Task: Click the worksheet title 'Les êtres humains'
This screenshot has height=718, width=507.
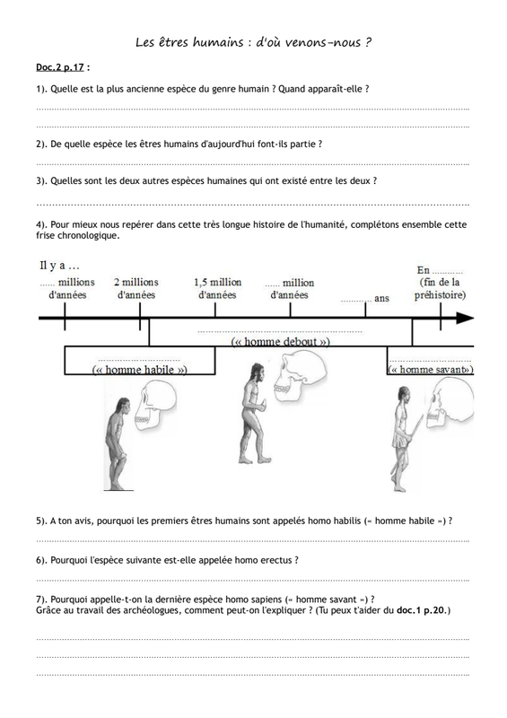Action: coord(189,42)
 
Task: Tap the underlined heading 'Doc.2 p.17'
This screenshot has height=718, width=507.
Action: coord(60,67)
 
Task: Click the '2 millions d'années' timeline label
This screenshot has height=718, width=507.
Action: coord(136,288)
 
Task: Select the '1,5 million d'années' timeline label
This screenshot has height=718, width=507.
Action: coord(217,288)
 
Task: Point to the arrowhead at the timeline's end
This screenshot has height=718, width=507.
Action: coord(465,319)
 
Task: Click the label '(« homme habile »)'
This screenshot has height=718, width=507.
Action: coord(140,370)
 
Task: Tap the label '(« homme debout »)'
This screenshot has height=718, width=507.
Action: coord(280,342)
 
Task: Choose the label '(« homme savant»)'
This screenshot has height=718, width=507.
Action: coord(431,370)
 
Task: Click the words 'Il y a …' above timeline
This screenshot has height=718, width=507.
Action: coord(59,266)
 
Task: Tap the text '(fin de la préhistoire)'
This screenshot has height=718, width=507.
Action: coord(440,288)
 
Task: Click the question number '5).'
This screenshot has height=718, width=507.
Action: coord(42,521)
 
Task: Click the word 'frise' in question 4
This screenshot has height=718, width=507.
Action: coord(46,236)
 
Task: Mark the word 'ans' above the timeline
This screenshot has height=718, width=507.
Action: coord(381,299)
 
